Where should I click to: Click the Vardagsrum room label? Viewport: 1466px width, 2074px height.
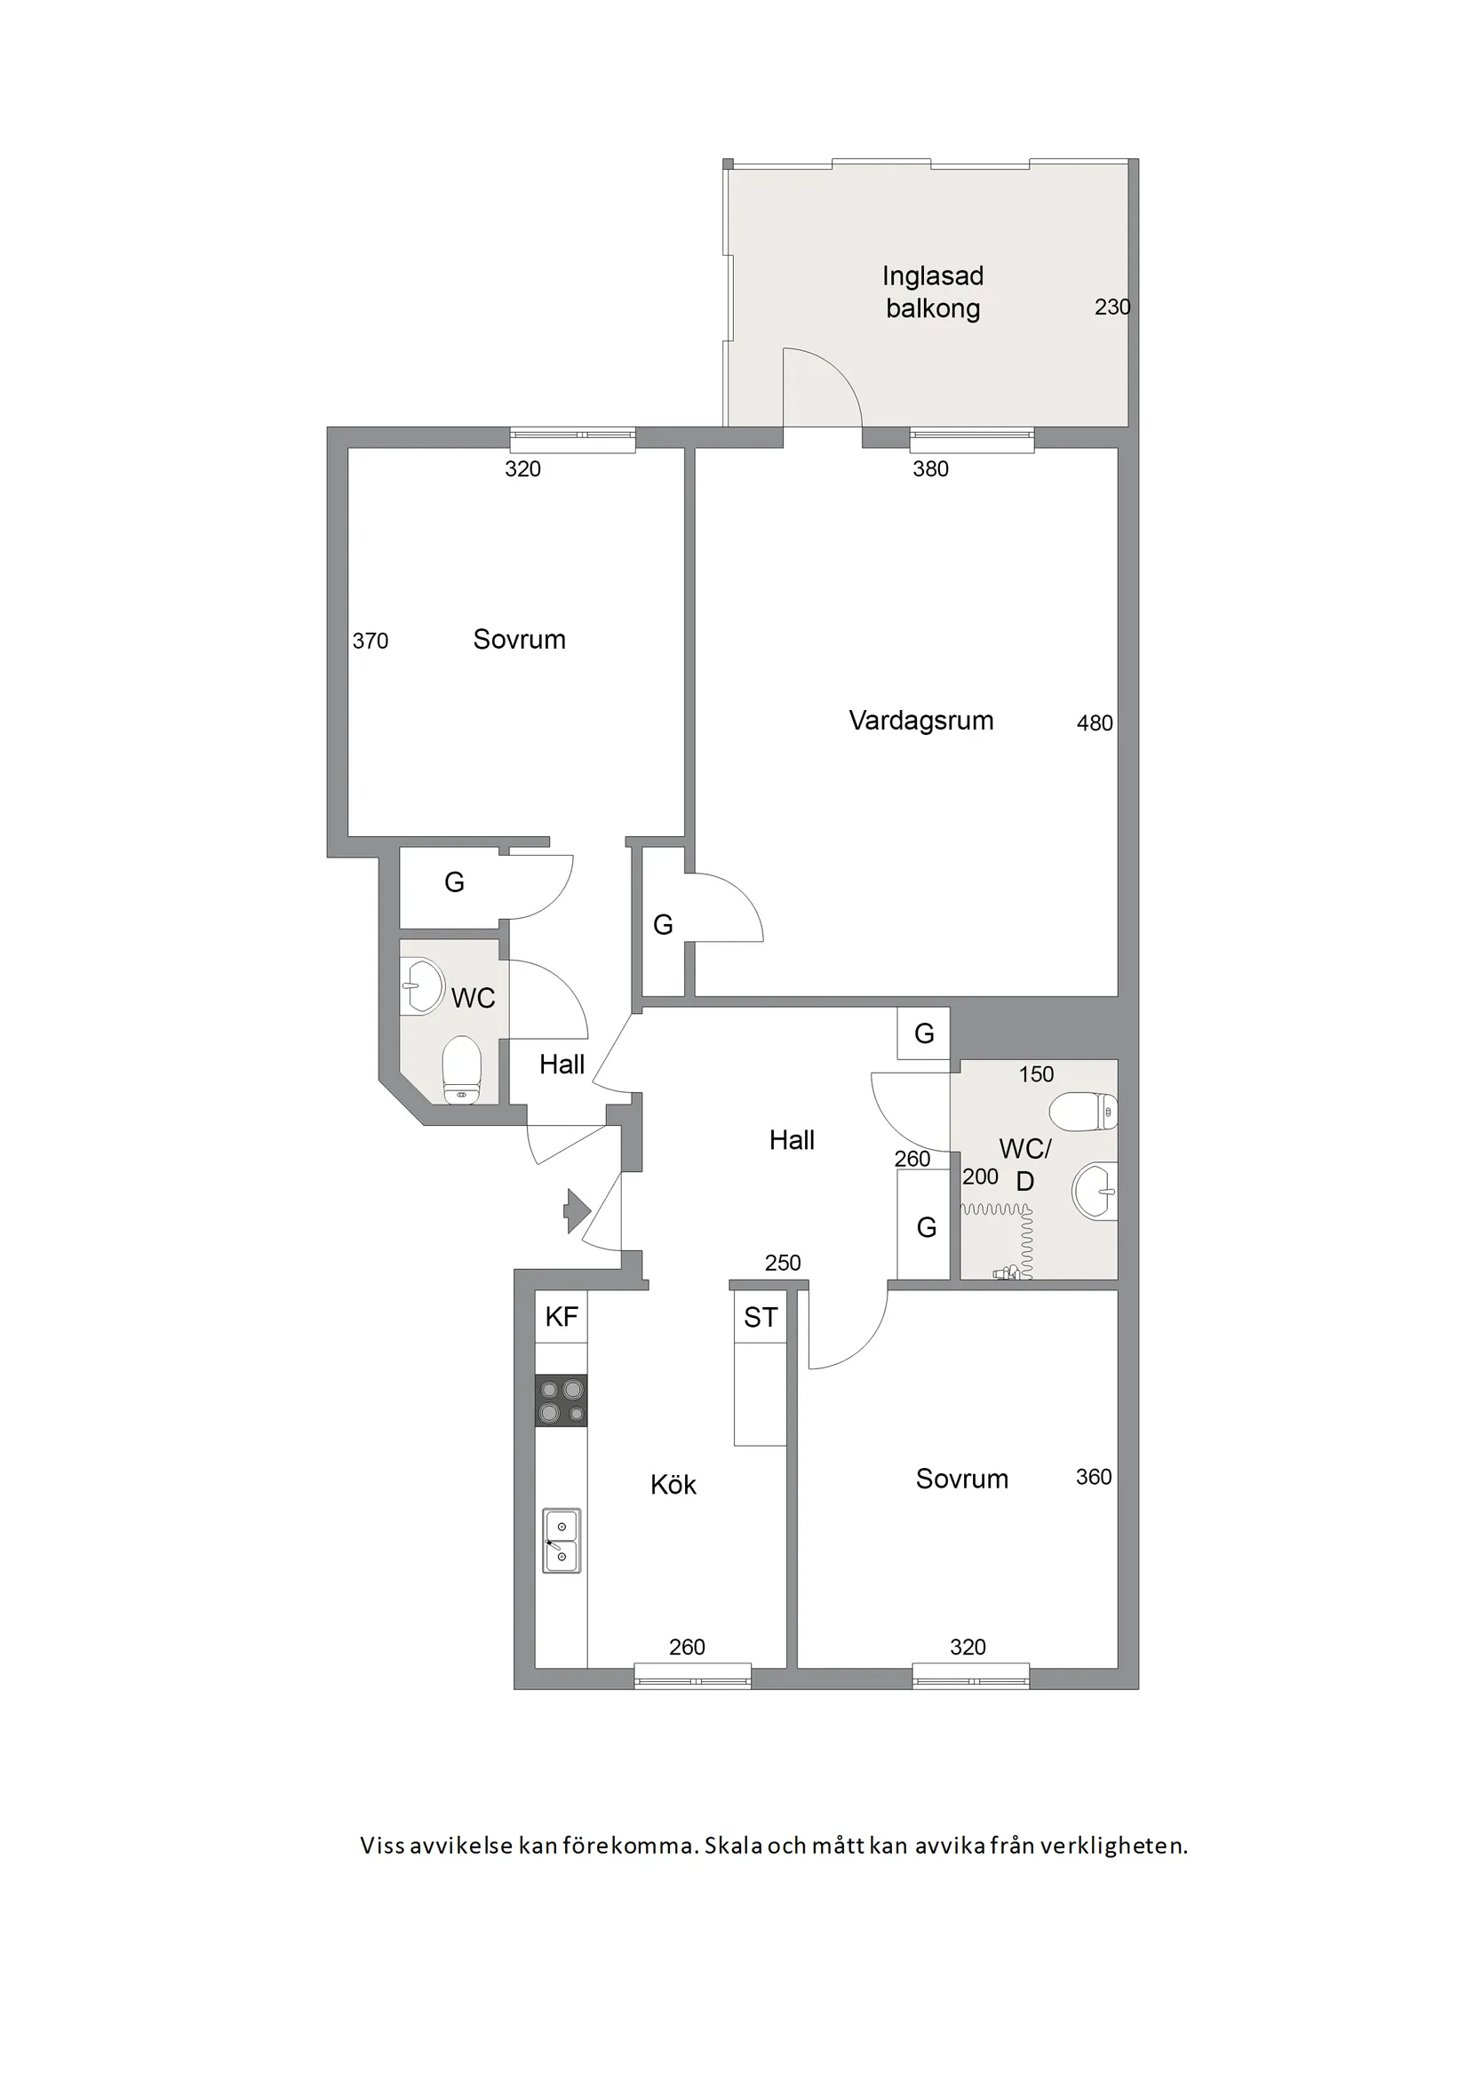click(x=920, y=721)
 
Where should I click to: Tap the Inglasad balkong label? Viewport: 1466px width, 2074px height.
click(x=932, y=291)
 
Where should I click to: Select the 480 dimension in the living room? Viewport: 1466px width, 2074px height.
click(x=1094, y=722)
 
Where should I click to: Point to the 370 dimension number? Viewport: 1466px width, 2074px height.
click(x=370, y=641)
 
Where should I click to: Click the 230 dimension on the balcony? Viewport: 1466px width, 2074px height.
click(x=1111, y=307)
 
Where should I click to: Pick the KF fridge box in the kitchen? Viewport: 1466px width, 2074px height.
click(x=561, y=1316)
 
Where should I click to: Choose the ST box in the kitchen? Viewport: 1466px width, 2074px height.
click(x=760, y=1317)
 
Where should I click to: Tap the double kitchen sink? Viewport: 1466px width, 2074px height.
click(x=561, y=1541)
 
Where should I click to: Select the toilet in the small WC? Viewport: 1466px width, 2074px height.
click(x=462, y=1071)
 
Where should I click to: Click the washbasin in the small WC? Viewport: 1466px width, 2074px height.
click(x=422, y=985)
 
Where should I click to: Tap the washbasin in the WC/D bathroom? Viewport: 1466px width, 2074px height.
click(x=1095, y=1191)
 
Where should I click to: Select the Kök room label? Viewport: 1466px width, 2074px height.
click(x=673, y=1485)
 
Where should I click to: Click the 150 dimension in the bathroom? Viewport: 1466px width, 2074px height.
click(x=1036, y=1074)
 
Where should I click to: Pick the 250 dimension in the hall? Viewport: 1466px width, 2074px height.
click(x=782, y=1263)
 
